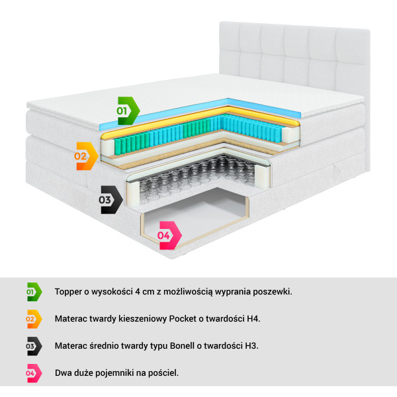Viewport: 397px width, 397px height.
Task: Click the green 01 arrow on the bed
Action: [x=128, y=110]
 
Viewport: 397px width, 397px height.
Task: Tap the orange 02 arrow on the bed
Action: [x=86, y=156]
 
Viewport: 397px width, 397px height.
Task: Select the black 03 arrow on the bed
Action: [x=110, y=200]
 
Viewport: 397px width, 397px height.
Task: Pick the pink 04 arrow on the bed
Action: [x=169, y=235]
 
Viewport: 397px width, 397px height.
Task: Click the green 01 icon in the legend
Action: [x=34, y=292]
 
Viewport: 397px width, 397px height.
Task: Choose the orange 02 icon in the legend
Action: [x=34, y=319]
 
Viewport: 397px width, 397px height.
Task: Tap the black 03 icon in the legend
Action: [x=34, y=346]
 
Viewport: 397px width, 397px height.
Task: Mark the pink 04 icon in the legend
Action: [x=34, y=373]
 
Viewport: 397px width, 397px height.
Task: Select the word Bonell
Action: [x=182, y=345]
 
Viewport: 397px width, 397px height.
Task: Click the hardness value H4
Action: [x=253, y=318]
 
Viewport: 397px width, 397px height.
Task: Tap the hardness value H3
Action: [x=251, y=345]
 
